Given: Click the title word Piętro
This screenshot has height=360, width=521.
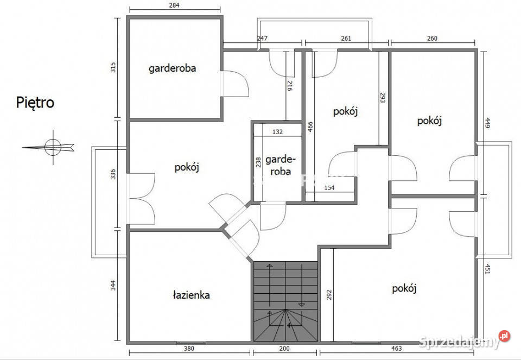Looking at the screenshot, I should (x=35, y=103).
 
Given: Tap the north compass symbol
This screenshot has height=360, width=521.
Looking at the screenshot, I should (x=53, y=147).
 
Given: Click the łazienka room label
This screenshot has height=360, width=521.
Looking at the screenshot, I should (x=191, y=295).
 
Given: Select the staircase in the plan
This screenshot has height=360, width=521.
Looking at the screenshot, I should (x=285, y=301).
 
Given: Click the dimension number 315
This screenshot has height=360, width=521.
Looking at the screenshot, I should (x=113, y=67).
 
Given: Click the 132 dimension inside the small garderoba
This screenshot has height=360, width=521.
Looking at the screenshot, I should (x=277, y=131).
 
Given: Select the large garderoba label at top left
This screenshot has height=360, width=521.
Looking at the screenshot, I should (x=173, y=68).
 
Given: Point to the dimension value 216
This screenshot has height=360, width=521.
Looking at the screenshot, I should (x=290, y=85).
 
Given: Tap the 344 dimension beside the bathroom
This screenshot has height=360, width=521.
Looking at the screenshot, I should (x=113, y=285).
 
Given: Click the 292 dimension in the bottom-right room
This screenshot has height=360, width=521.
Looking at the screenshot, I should (x=329, y=294).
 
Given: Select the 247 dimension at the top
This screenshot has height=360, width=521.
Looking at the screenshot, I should (x=262, y=39).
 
